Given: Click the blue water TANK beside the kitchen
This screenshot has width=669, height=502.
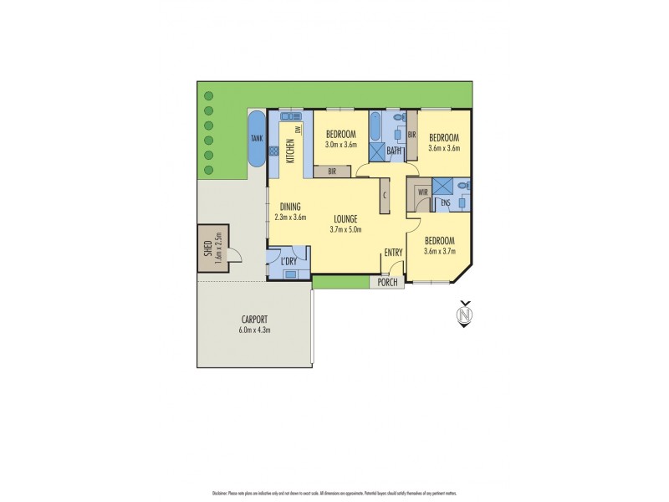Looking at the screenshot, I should click(x=255, y=139).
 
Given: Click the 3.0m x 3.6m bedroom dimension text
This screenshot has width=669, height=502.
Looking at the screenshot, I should click(x=341, y=145).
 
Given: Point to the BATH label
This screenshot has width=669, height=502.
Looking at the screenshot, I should click(x=394, y=151).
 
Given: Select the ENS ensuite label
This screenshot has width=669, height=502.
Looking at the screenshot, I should click(x=446, y=203).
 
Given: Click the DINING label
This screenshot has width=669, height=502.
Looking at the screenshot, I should click(x=290, y=207).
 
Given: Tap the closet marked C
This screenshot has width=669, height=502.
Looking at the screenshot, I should click(x=384, y=196).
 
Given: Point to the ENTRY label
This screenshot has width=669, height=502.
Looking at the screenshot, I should click(x=393, y=253).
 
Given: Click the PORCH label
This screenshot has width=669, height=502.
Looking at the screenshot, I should click(x=387, y=283).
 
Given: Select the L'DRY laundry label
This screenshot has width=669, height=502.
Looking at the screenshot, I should click(x=289, y=262).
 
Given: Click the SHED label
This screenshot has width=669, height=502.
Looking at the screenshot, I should click(x=207, y=248).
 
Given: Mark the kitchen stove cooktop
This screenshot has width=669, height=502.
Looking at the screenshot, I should click(x=273, y=151).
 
